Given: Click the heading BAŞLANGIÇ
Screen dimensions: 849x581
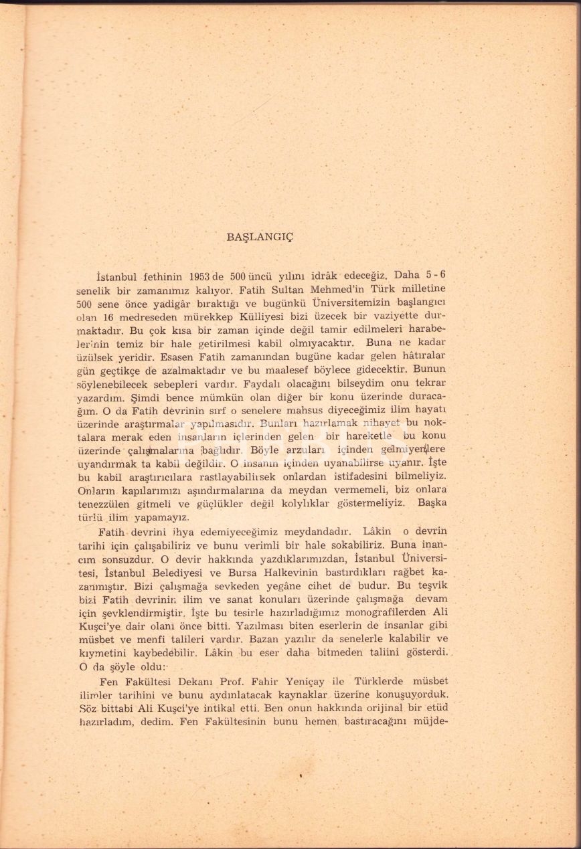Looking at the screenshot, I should pos(260,237).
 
